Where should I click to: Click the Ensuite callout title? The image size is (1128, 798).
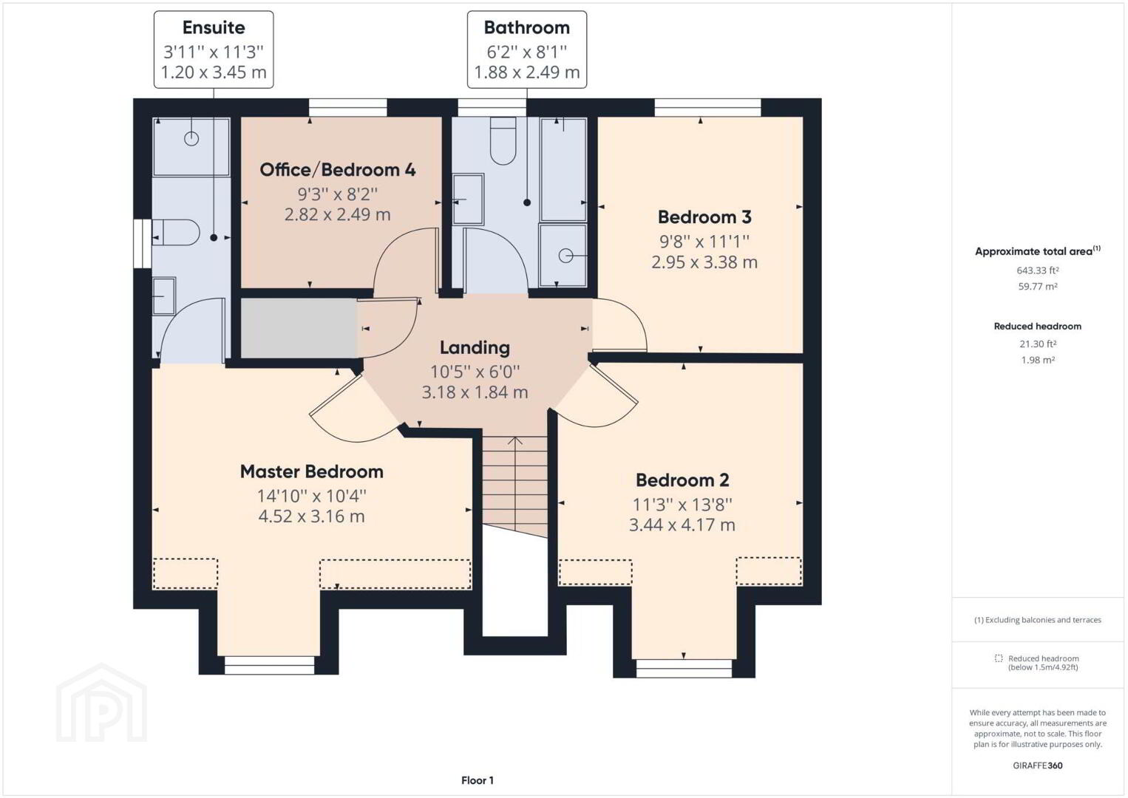click(214, 27)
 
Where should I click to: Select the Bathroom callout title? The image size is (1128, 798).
click(527, 27)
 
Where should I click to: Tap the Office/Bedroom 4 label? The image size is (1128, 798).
click(337, 170)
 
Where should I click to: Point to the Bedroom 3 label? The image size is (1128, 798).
click(704, 217)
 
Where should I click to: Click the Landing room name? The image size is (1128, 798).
click(475, 348)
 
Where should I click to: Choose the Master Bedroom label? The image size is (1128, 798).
click(312, 471)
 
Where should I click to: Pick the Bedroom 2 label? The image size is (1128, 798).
click(682, 480)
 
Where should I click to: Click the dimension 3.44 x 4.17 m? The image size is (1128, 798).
click(682, 525)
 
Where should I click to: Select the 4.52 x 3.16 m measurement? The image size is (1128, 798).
click(311, 516)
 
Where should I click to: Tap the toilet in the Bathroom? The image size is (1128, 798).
click(503, 141)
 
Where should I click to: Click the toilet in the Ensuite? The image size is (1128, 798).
click(176, 232)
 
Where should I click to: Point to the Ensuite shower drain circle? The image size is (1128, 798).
click(191, 138)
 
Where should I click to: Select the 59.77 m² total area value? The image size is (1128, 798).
click(1037, 287)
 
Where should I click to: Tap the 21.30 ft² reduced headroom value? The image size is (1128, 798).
click(1037, 344)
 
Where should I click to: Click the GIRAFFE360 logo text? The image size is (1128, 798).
click(1037, 765)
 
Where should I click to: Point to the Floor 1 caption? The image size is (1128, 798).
click(478, 780)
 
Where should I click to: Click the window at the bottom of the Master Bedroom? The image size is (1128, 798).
click(269, 665)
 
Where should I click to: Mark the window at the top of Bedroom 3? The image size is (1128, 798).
click(707, 107)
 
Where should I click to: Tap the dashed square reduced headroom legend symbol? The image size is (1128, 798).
click(999, 658)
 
